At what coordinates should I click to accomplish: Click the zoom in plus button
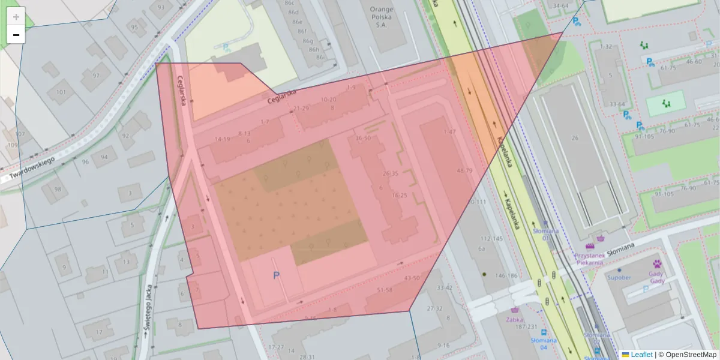[x=16, y=17]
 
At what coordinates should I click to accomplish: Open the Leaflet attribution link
[x=641, y=355]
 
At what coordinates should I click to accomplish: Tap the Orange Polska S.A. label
[x=381, y=17]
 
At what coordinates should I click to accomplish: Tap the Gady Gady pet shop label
[x=657, y=277]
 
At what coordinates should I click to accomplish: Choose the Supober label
[x=619, y=277]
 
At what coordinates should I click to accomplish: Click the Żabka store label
[x=514, y=319]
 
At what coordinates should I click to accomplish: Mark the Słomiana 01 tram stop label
[x=546, y=234]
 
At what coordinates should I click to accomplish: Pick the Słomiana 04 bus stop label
[x=544, y=343]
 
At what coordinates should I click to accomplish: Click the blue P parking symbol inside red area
[x=277, y=275]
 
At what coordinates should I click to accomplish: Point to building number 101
[x=61, y=92]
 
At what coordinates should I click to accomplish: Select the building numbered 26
[x=575, y=138]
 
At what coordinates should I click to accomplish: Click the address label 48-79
[x=464, y=170]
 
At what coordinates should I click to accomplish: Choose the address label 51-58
[x=384, y=290]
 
